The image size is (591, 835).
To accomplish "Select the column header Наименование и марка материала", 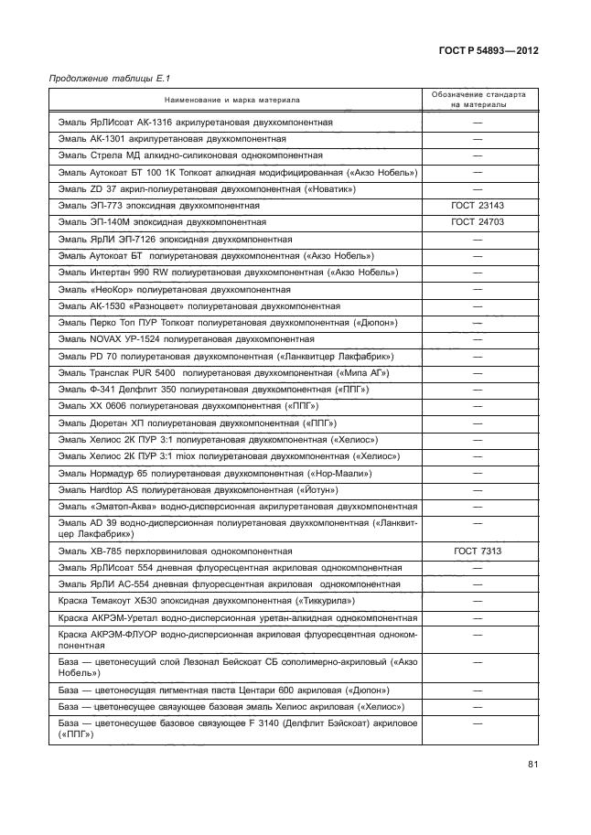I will (231, 99).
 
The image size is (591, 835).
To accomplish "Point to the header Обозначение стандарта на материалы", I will (478, 99).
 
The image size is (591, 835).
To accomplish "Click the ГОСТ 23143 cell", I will (478, 205).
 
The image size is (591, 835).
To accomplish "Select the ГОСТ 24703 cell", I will (478, 222).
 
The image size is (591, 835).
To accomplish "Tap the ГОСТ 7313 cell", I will (478, 551).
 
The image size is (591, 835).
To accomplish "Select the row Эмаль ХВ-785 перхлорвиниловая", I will (175, 551).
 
